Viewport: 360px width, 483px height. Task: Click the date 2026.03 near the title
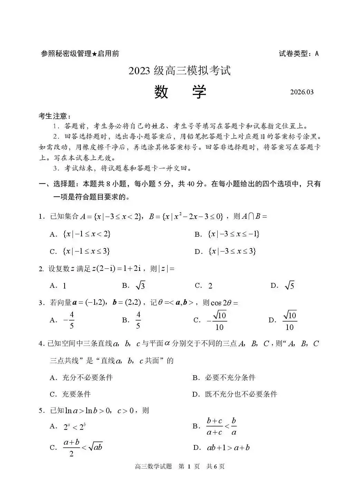pyautogui.click(x=302, y=92)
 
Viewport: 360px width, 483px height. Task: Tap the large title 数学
pyautogui.click(x=180, y=92)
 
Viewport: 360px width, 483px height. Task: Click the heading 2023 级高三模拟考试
pyautogui.click(x=179, y=70)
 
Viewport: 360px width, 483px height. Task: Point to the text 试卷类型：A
pyautogui.click(x=299, y=54)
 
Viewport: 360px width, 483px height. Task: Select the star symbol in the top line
pyautogui.click(x=94, y=54)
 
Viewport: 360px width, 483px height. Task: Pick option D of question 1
pyautogui.click(x=232, y=251)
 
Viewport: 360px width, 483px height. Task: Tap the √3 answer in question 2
pyautogui.click(x=140, y=286)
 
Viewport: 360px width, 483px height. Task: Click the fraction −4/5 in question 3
pyautogui.click(x=69, y=320)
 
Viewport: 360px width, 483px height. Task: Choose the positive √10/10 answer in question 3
pyautogui.click(x=290, y=320)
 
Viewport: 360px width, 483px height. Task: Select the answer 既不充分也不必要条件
pyautogui.click(x=241, y=394)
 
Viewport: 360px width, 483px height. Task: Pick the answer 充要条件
pyautogui.click(x=76, y=394)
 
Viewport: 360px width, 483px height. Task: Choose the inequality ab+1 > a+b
pyautogui.click(x=228, y=448)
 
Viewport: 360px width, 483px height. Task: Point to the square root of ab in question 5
pyautogui.click(x=95, y=447)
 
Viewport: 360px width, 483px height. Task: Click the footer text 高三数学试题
pyautogui.click(x=153, y=466)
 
